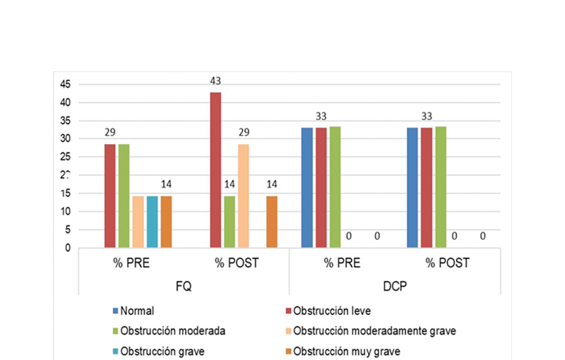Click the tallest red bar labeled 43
pyautogui.click(x=215, y=169)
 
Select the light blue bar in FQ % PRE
pyautogui.click(x=152, y=222)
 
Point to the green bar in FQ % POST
pyautogui.click(x=229, y=222)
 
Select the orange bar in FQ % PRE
pyautogui.click(x=166, y=222)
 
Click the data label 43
pyautogui.click(x=215, y=81)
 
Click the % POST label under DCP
pyautogui.click(x=448, y=263)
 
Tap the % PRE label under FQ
pyautogui.click(x=131, y=263)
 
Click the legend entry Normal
pyautogui.click(x=137, y=311)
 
